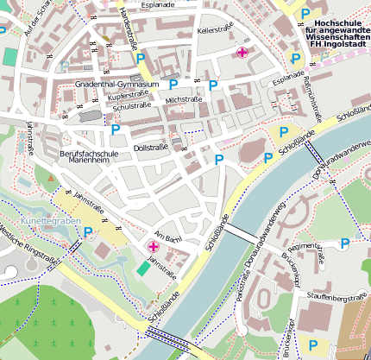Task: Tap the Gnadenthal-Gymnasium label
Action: coord(117,85)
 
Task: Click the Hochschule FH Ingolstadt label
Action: coord(336,34)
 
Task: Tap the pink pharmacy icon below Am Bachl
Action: coord(154,248)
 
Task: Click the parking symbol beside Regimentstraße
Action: coord(345,244)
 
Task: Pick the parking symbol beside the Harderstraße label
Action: coord(141,58)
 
